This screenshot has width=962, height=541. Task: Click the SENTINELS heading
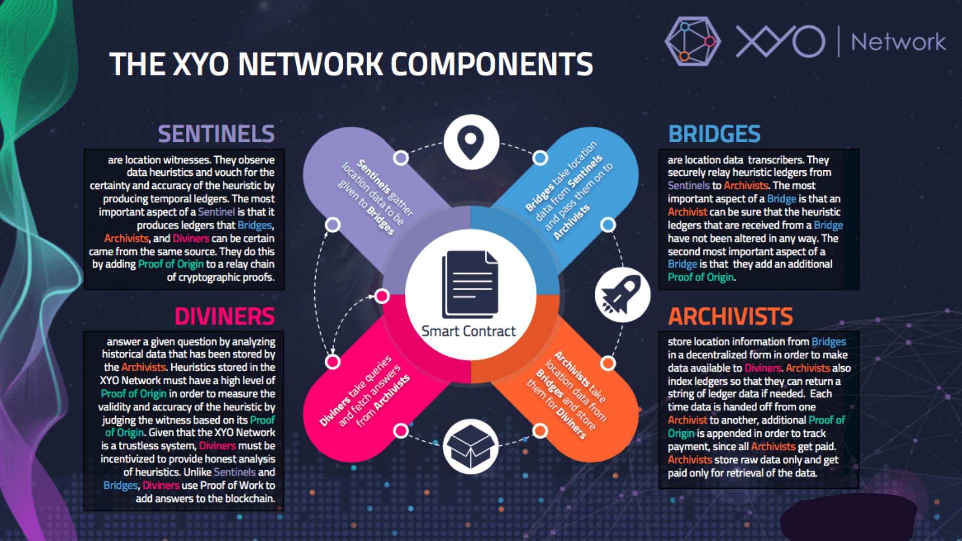216,134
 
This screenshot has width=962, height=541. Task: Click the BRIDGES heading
714,134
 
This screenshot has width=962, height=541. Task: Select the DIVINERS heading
224,317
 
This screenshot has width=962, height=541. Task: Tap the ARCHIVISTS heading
731,317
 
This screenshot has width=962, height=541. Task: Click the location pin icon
471,142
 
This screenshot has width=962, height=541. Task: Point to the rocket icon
622,295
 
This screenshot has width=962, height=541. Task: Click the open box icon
470,446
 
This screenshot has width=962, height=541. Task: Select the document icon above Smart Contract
470,284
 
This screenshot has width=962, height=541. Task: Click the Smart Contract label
468,331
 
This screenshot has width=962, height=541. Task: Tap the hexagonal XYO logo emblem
693,42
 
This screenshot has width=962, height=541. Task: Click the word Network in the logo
898,42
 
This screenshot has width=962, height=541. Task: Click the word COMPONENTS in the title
491,64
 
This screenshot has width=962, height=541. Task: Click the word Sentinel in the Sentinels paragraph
216,212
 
